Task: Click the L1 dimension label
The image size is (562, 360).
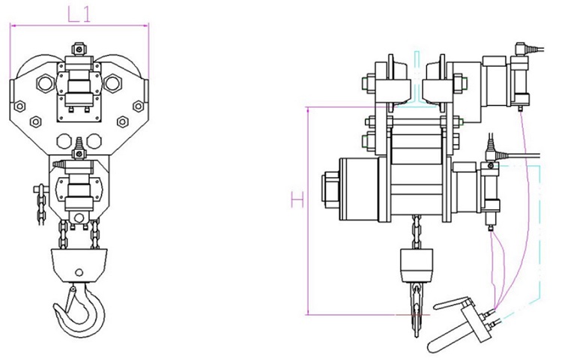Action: coord(79,15)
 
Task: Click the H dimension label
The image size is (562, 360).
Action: coord(297,199)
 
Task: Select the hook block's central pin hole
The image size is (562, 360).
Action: coord(79,273)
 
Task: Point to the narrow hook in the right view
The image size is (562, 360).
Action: coord(416,310)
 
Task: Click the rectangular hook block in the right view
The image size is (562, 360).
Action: coord(416,265)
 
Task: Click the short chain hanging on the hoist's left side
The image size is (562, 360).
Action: coord(41,205)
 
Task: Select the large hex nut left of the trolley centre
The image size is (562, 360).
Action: coord(46,83)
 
